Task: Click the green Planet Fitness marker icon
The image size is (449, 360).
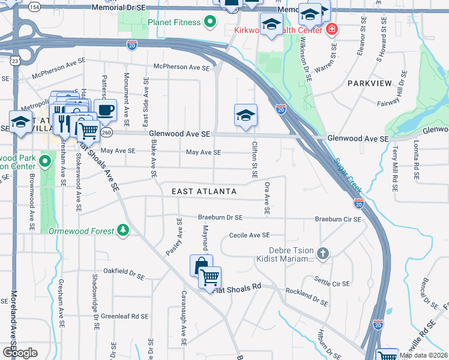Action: click(209, 23)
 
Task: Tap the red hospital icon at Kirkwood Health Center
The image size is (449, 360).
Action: click(331, 29)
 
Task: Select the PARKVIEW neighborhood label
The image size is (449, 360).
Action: click(369, 83)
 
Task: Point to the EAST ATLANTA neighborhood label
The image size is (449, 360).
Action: click(204, 191)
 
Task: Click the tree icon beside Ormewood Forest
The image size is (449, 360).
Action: click(122, 230)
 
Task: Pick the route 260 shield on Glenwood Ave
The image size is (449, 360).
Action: click(107, 131)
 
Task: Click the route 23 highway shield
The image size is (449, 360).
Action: click(14, 61)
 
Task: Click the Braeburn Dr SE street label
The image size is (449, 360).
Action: click(220, 217)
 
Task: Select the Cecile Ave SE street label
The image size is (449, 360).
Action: click(249, 235)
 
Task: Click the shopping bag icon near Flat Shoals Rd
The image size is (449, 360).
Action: click(200, 265)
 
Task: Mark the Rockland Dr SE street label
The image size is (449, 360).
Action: click(307, 295)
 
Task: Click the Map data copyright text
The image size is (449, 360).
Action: click(423, 355)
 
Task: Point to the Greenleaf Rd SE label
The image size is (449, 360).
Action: click(124, 316)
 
